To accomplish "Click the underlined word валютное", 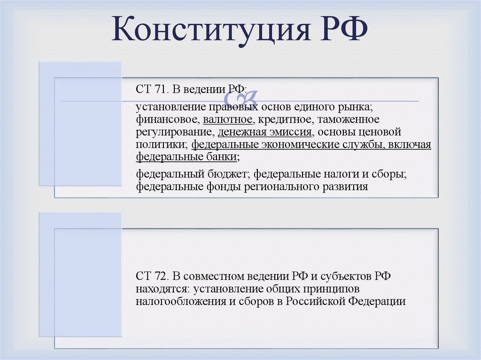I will [x=228, y=120].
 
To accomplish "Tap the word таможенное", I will [x=353, y=120].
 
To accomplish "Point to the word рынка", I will [x=354, y=107].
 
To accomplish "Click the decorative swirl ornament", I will [x=240, y=100].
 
